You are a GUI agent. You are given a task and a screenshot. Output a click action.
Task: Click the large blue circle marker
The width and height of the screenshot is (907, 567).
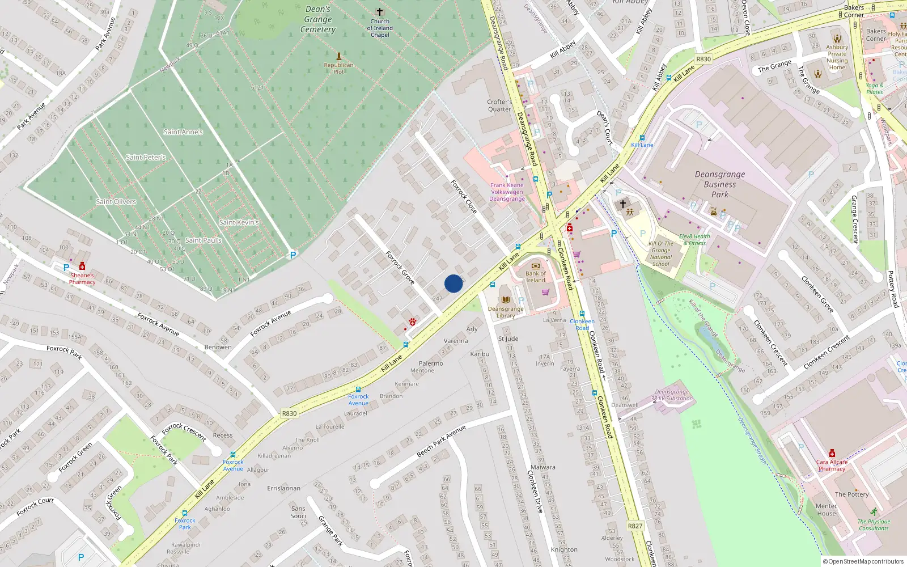453,283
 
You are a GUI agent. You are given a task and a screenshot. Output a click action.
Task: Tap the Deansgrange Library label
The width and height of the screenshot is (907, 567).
506,312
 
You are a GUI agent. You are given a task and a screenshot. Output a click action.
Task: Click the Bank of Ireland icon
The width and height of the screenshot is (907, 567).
536,265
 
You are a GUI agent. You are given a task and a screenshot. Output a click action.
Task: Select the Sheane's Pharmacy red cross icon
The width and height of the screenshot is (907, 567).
82,266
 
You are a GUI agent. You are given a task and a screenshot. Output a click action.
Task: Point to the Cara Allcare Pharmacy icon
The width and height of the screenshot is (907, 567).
832,453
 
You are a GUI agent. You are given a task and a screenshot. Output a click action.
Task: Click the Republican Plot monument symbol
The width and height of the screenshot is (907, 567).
339,56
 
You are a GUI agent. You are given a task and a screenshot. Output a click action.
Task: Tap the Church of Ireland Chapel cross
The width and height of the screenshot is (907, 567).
380,12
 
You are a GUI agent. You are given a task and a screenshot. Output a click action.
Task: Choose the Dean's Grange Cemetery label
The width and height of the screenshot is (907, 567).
318,19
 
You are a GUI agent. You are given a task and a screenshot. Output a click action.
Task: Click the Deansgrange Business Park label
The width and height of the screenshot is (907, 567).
720,184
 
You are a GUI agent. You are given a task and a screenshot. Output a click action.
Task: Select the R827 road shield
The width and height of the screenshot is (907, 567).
635,526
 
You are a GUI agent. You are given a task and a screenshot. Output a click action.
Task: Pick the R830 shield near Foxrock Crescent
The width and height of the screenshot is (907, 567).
289,413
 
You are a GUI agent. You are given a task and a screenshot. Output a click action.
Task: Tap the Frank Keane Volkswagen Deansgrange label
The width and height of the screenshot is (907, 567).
507,192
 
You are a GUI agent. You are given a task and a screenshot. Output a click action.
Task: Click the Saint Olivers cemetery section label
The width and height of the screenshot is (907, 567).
116,201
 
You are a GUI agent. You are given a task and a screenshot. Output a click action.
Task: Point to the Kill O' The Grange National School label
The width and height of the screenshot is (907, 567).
661,253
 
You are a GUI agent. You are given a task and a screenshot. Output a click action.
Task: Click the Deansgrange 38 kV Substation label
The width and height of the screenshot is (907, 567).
672,395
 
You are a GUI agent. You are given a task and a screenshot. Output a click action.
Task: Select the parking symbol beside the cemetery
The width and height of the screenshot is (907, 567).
293,255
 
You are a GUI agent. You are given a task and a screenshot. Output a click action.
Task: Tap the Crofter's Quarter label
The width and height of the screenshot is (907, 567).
499,105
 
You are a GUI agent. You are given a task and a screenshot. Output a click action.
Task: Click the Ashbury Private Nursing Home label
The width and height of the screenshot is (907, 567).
837,57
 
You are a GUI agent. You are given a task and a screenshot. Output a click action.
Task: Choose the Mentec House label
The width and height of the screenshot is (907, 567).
827,509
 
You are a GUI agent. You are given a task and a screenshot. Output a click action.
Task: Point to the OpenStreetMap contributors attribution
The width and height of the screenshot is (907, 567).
866,561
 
